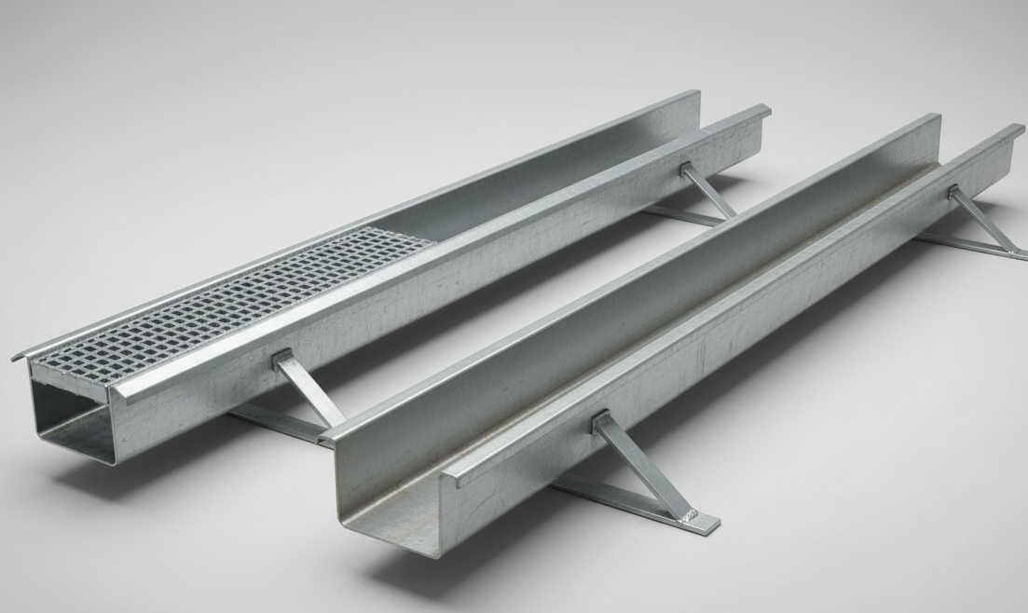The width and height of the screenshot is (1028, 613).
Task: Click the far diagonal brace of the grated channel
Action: (707, 191)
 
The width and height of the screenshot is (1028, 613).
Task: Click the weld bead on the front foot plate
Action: (691, 517)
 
